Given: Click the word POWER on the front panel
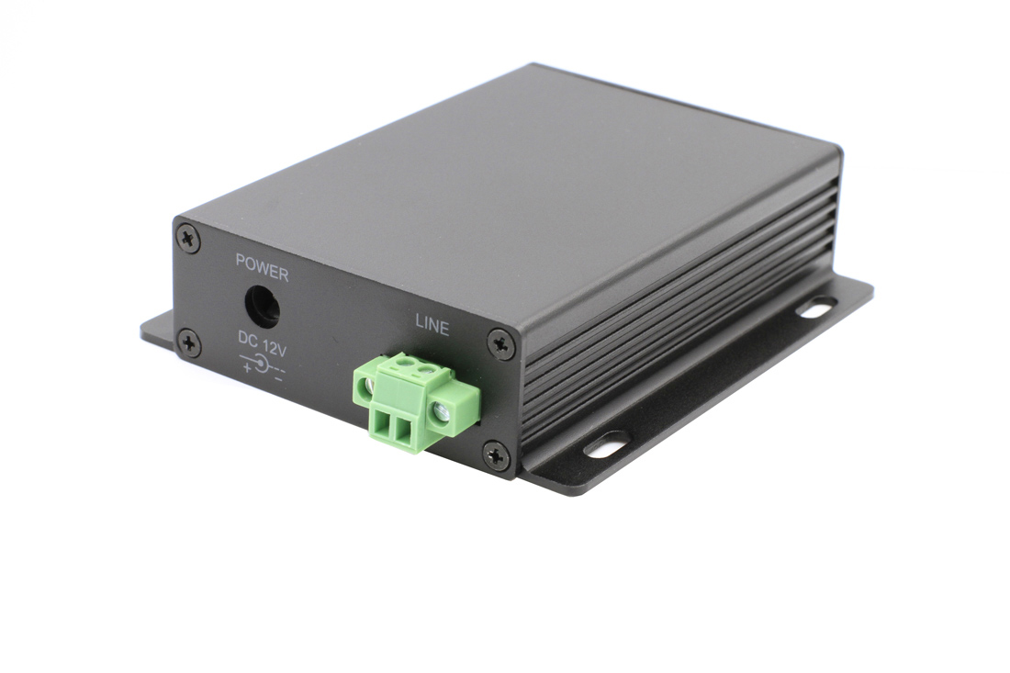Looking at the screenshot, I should tap(262, 274).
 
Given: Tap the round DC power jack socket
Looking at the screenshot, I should tap(262, 306).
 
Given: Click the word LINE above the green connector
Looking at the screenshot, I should tap(432, 324).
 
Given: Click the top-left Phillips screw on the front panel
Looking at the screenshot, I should tap(188, 237).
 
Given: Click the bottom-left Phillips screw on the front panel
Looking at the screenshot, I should tap(189, 343).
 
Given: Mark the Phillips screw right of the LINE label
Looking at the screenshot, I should tap(500, 343).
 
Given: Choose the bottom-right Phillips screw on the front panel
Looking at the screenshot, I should tap(497, 454).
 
